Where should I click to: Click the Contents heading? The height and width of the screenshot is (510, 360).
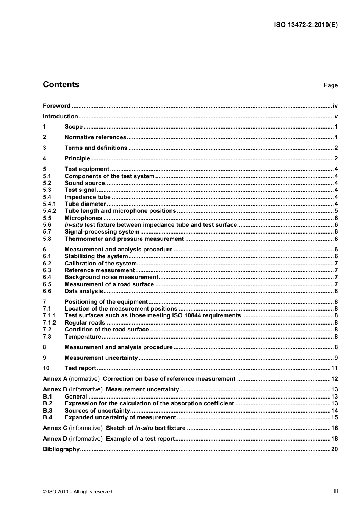tap(61, 85)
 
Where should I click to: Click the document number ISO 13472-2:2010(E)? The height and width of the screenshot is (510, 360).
tap(305, 25)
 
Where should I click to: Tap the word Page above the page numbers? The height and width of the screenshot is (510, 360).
tap(330, 85)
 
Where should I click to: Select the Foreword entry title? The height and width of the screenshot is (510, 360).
tap(56, 106)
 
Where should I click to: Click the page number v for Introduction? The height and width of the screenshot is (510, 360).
tap(336, 116)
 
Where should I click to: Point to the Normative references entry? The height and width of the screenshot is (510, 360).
tap(95, 137)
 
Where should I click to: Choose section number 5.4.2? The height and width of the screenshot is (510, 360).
tap(49, 211)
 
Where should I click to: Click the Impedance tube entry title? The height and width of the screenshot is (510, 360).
tap(88, 197)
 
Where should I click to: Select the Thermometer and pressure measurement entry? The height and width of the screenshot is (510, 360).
tap(124, 239)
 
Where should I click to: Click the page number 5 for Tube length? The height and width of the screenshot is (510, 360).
tap(336, 211)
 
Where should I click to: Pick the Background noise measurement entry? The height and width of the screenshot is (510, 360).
tap(111, 277)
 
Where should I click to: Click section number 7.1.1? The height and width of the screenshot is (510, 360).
tap(49, 315)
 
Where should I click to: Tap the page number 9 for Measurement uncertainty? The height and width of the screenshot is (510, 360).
tap(336, 358)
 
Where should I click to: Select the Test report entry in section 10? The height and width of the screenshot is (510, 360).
tap(80, 368)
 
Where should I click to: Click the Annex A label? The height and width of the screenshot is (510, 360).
tap(55, 379)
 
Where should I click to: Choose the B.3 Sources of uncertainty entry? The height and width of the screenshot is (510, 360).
tap(97, 411)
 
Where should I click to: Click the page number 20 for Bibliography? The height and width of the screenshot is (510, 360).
tap(334, 449)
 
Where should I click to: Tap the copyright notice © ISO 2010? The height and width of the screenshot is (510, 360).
tap(77, 492)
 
